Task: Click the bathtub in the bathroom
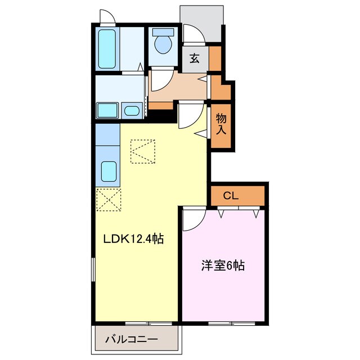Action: click(106, 48)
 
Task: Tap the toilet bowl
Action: click(164, 44)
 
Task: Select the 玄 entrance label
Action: click(195, 58)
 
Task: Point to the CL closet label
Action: click(231, 196)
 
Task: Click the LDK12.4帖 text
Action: click(133, 239)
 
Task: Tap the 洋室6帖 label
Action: click(223, 265)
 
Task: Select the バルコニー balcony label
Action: click(132, 339)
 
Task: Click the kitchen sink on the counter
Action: click(107, 169)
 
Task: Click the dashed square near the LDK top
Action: click(142, 151)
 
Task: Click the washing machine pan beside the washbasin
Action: click(107, 110)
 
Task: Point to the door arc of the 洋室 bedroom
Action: click(190, 217)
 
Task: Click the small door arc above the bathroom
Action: click(107, 17)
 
